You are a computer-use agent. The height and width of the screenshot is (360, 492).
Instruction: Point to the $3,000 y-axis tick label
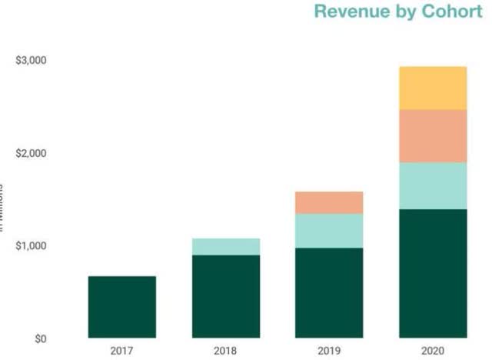click(31, 61)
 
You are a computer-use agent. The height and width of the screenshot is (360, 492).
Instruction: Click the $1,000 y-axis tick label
click(31, 246)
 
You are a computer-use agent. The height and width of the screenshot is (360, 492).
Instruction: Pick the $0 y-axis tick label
click(38, 338)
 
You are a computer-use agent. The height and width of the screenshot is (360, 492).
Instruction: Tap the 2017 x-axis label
click(121, 351)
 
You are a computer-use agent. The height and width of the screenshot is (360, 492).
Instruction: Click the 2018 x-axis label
click(225, 351)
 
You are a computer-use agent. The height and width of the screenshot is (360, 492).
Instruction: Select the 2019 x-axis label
click(329, 351)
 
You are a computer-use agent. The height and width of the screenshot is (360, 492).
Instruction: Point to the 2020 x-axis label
click(433, 351)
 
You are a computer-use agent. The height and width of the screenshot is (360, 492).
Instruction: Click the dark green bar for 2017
click(121, 307)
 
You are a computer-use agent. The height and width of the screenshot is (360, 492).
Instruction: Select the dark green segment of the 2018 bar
click(225, 296)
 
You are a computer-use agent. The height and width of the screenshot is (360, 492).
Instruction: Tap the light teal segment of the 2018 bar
click(225, 246)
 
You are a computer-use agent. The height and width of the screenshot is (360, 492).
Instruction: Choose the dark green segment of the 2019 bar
click(329, 292)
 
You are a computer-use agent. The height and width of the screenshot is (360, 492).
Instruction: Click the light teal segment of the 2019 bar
click(329, 231)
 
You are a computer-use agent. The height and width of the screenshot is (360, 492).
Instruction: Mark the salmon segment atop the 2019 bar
click(329, 202)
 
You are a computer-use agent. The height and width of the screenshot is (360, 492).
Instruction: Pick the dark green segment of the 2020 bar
click(433, 273)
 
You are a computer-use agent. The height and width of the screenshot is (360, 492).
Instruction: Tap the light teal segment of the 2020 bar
click(433, 185)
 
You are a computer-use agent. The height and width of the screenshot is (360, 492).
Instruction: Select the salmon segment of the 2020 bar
click(433, 135)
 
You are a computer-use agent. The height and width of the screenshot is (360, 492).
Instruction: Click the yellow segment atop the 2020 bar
click(433, 88)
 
